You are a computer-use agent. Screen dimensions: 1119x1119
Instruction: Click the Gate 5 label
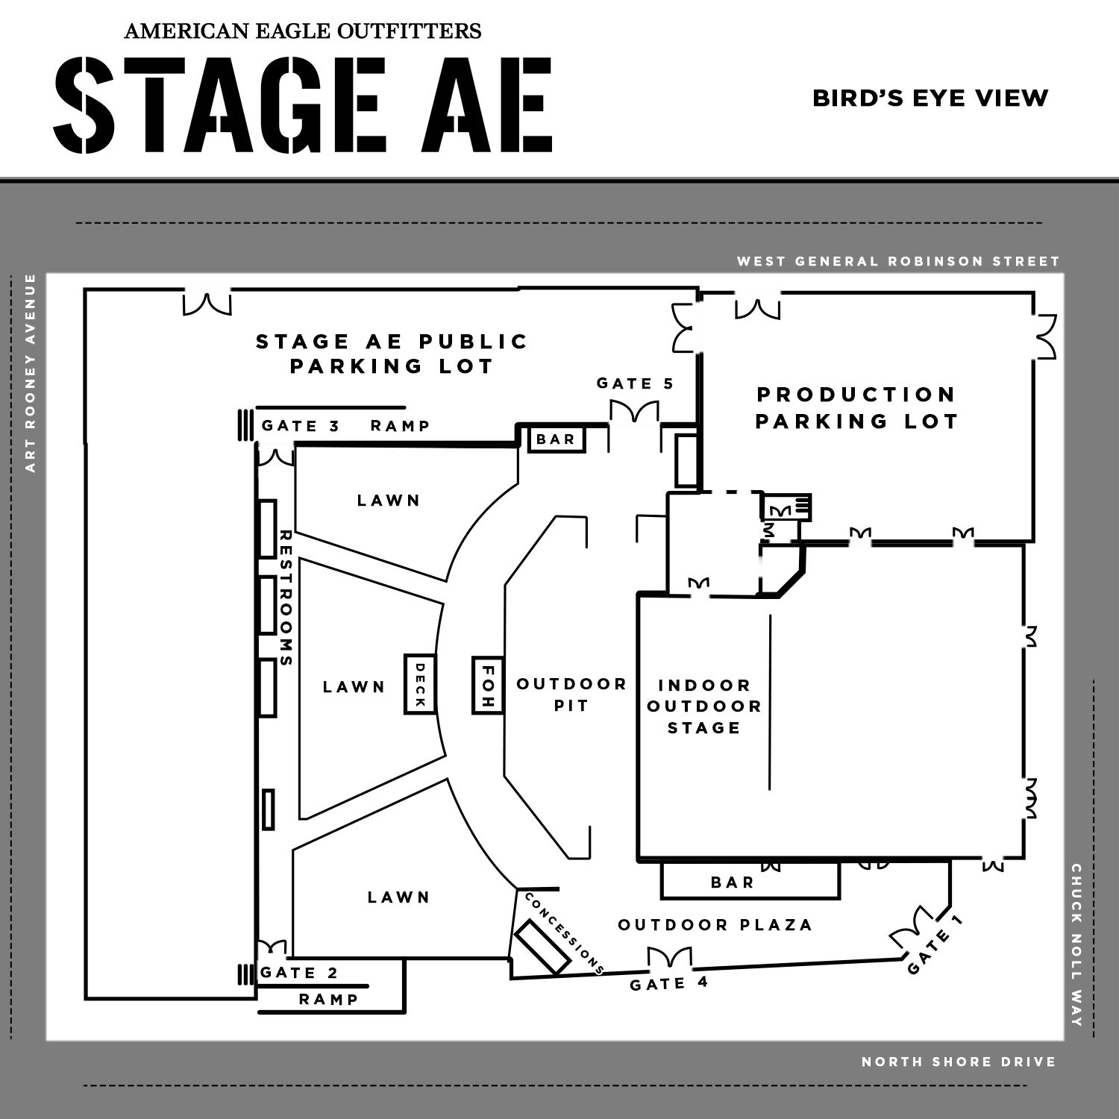pyautogui.click(x=635, y=383)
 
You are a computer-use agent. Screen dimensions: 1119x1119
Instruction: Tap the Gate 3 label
pyautogui.click(x=301, y=426)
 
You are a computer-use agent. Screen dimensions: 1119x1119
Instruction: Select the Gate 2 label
pyautogui.click(x=299, y=973)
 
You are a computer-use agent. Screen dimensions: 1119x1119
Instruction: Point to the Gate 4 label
pyautogui.click(x=668, y=984)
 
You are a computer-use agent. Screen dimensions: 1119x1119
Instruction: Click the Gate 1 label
pyautogui.click(x=935, y=944)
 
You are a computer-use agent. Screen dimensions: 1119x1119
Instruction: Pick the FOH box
pyautogui.click(x=487, y=685)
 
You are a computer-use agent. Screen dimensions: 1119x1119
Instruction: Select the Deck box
pyautogui.click(x=419, y=684)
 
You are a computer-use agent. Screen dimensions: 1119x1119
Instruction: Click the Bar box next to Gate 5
pyautogui.click(x=556, y=439)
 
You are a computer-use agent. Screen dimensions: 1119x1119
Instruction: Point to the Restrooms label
pyautogui.click(x=286, y=598)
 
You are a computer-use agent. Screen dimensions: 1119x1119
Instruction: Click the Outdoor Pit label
pyautogui.click(x=571, y=695)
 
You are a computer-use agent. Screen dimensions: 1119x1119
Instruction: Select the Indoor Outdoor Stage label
pyautogui.click(x=703, y=706)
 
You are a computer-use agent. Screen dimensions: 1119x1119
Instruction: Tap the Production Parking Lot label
pyautogui.click(x=856, y=407)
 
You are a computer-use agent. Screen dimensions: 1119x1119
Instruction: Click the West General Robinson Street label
pyautogui.click(x=898, y=261)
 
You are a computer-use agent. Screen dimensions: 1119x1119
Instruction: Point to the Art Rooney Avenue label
pyautogui.click(x=31, y=373)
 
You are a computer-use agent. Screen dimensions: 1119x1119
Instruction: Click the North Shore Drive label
pyautogui.click(x=959, y=1061)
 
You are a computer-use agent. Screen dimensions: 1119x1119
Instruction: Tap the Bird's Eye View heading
pyautogui.click(x=930, y=98)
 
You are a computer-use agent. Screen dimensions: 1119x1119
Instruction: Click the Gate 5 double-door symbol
pyautogui.click(x=634, y=412)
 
